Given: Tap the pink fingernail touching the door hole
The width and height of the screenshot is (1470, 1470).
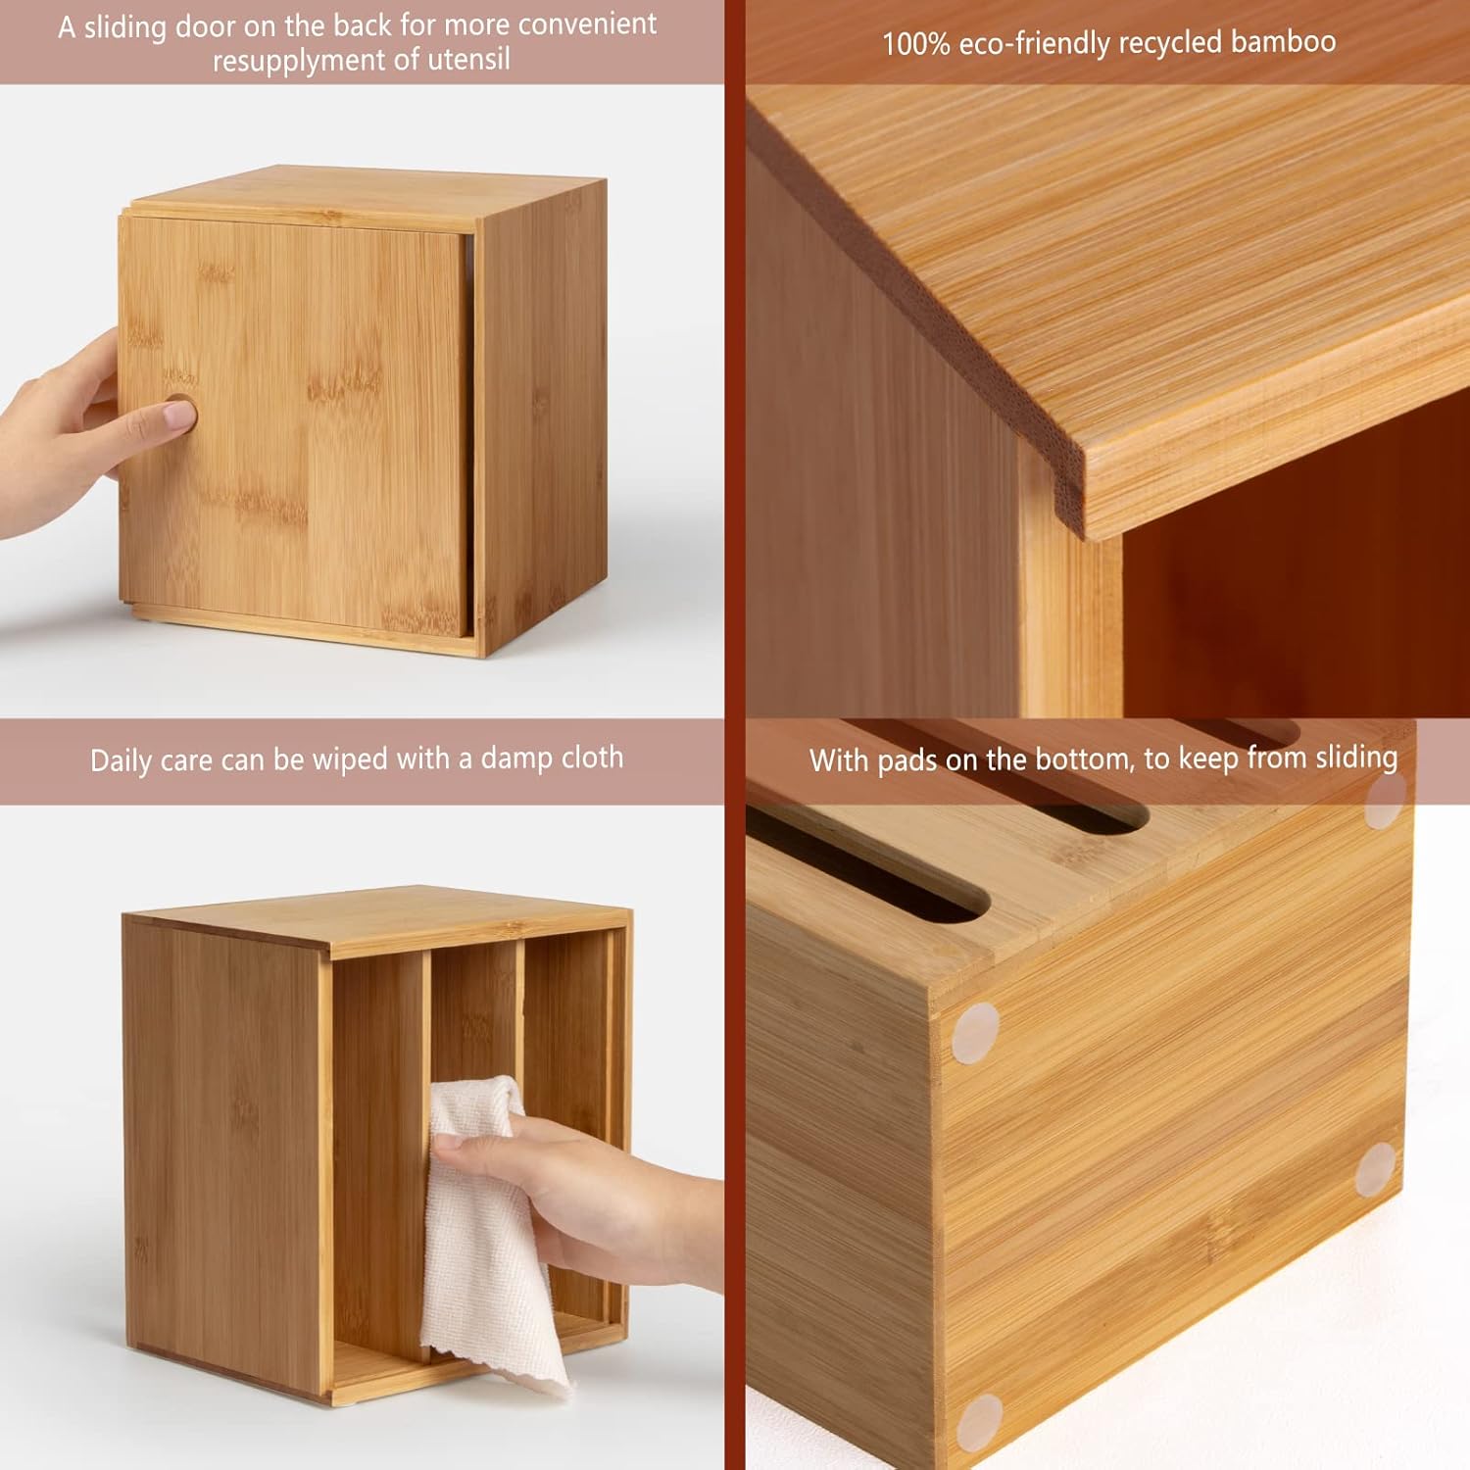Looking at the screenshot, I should point(180,415).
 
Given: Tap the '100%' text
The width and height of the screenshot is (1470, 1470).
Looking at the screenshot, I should point(915,44).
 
